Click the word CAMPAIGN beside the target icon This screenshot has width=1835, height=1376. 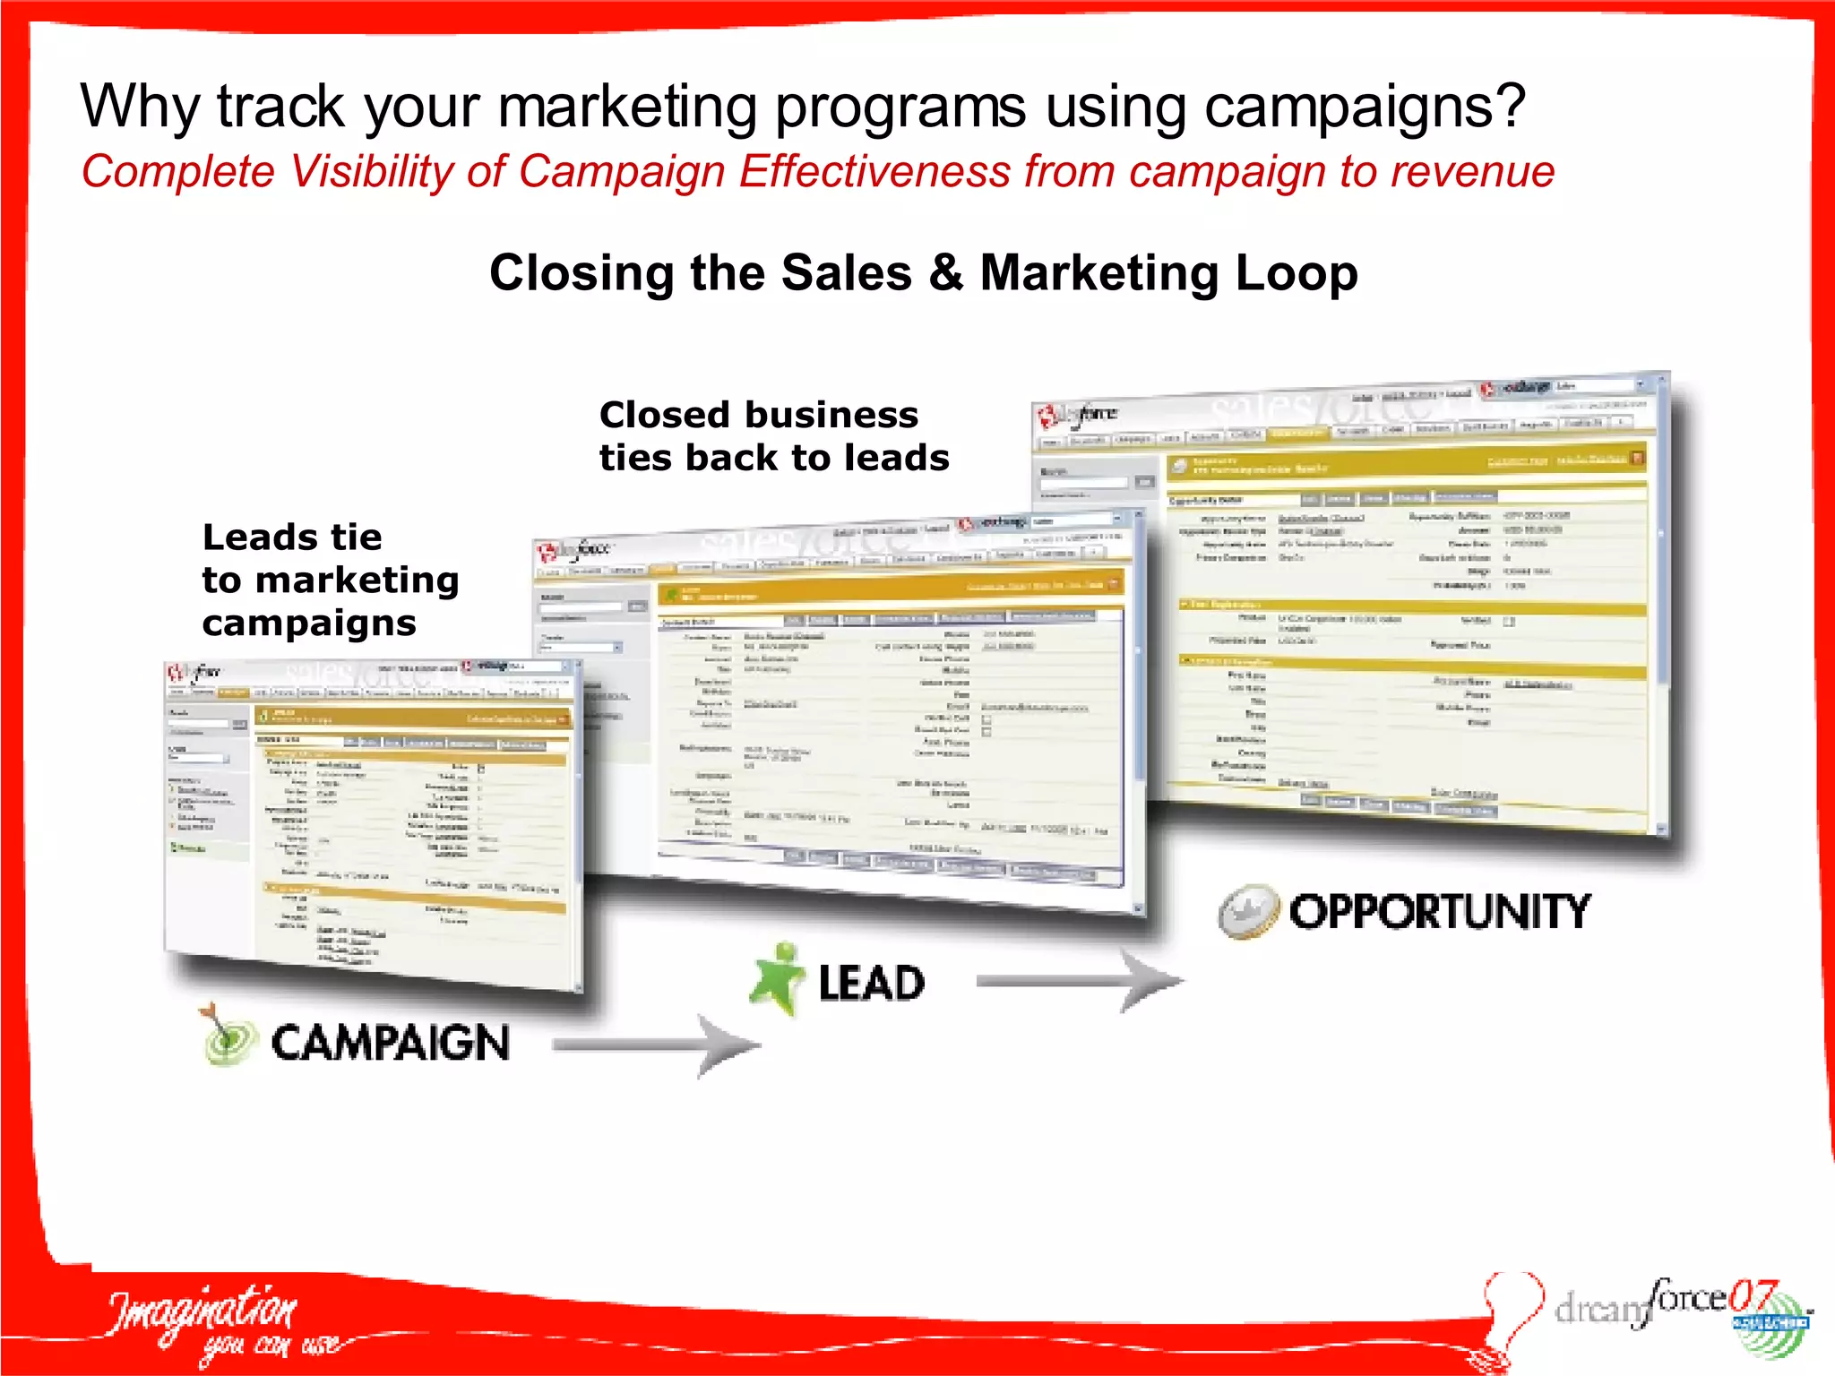coord(390,1044)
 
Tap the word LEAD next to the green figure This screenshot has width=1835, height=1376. coord(871,983)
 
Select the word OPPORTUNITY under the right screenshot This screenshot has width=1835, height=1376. coord(1440,912)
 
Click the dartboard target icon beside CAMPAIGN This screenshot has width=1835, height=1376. coord(227,1036)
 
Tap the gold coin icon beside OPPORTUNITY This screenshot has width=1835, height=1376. coord(1247,911)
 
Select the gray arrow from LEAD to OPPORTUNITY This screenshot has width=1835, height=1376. coord(1079,982)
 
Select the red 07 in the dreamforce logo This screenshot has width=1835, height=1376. coord(1753,1295)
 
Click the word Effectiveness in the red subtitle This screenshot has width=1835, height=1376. coord(874,172)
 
